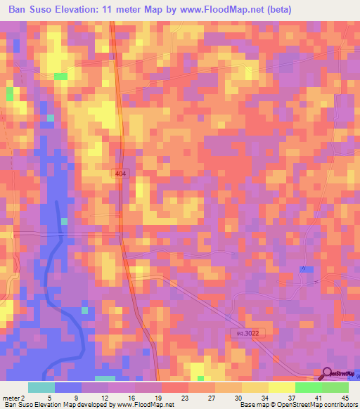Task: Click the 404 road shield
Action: [x=122, y=173]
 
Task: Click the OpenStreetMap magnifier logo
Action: [x=328, y=375]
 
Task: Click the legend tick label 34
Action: [x=242, y=397]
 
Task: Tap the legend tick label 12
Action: [x=108, y=397]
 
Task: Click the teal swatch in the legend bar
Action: [x=41, y=387]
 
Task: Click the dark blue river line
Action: [x=49, y=281]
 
